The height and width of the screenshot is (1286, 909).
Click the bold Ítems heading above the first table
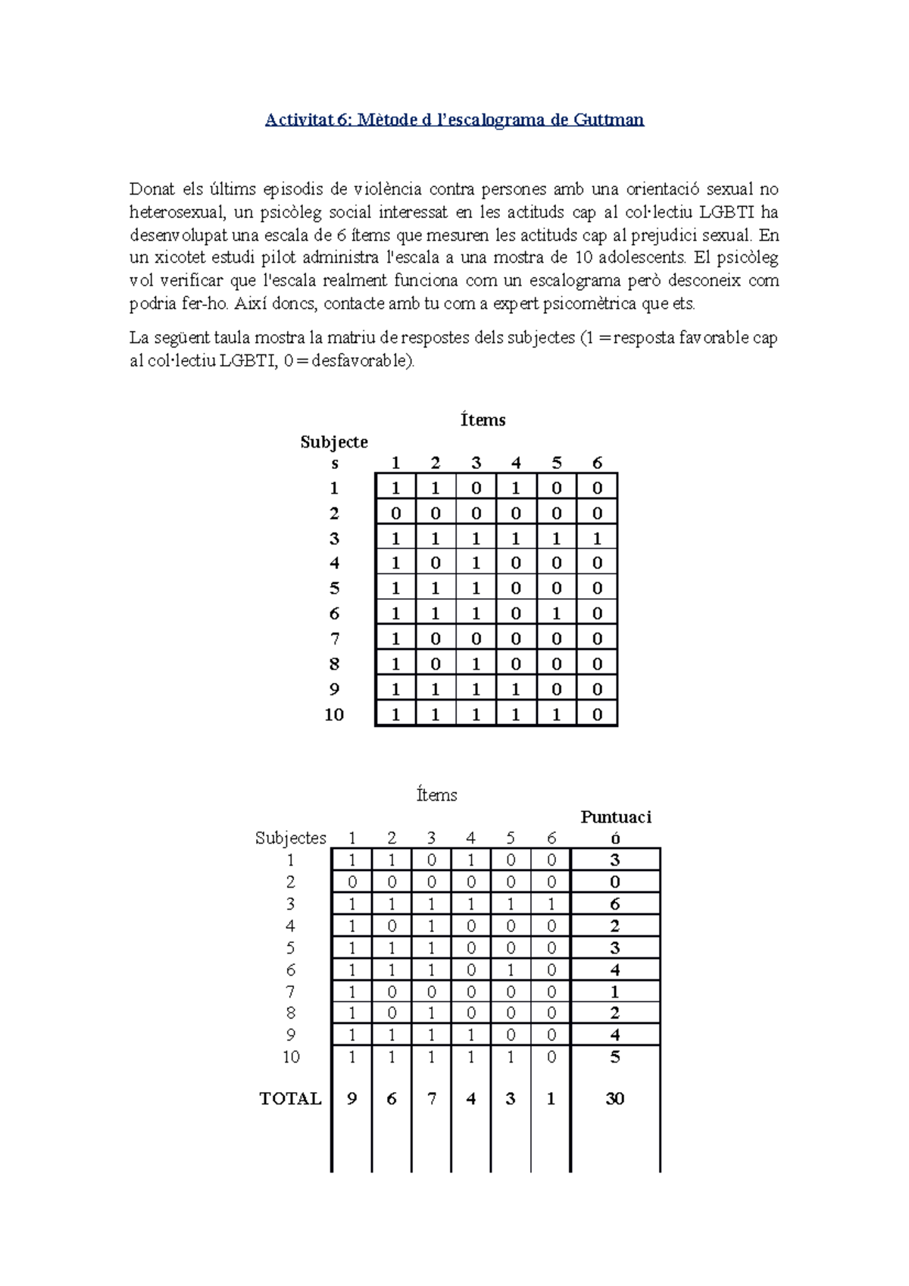tap(483, 420)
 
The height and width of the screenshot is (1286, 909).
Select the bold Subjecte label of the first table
tap(334, 442)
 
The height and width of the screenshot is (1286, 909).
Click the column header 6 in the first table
tap(597, 463)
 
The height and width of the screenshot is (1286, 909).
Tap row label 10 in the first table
tap(334, 714)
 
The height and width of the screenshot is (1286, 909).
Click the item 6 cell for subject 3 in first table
tap(597, 538)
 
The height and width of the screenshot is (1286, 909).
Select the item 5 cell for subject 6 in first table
tap(557, 613)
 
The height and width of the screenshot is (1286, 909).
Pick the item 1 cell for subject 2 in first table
tap(395, 513)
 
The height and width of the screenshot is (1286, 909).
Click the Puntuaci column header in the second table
tap(616, 817)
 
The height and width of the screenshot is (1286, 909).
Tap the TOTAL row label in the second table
tap(290, 1098)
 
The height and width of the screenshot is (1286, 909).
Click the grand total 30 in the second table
tap(614, 1098)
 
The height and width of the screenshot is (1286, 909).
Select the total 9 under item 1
tap(351, 1098)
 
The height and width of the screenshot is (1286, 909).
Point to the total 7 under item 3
tap(432, 1098)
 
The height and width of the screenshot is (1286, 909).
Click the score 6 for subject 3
tap(614, 904)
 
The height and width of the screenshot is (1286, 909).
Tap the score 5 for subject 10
tap(614, 1057)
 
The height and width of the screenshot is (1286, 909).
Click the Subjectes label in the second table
tap(290, 838)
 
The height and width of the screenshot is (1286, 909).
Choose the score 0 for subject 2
tap(614, 882)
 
